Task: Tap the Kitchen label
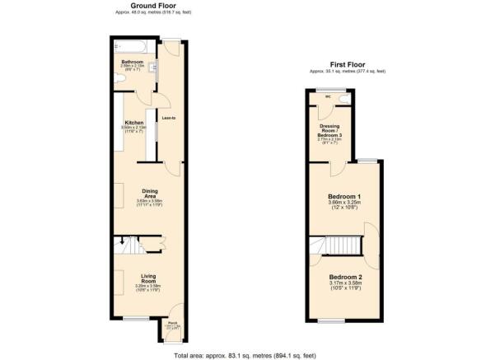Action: (133, 122)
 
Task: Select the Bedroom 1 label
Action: (345, 196)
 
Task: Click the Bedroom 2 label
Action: (345, 277)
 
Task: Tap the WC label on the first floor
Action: (327, 96)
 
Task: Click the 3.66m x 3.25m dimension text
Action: (345, 203)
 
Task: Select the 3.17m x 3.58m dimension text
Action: (345, 283)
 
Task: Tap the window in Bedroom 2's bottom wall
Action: (333, 320)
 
